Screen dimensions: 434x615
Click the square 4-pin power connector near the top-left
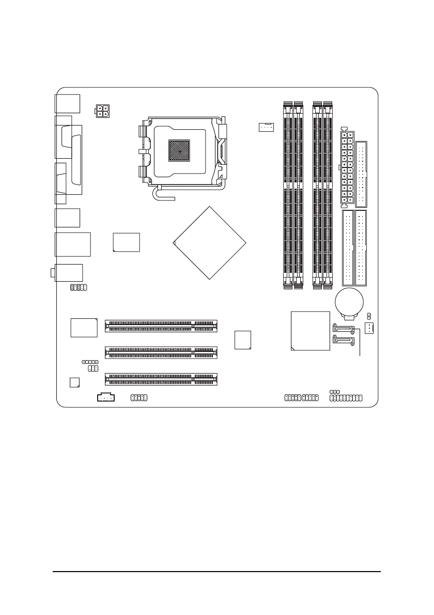pyautogui.click(x=102, y=111)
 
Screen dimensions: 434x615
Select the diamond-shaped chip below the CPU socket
pyautogui.click(x=210, y=243)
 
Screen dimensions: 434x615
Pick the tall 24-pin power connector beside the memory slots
pyautogui.click(x=346, y=166)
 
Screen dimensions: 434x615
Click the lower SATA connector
pyautogui.click(x=343, y=341)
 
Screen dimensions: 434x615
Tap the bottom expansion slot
pyautogui.click(x=161, y=379)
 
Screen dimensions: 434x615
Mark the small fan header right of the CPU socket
pyautogui.click(x=266, y=127)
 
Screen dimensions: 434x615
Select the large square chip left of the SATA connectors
pyautogui.click(x=310, y=331)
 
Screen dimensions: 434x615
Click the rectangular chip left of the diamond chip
pyautogui.click(x=127, y=242)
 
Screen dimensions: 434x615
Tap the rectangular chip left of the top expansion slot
pyautogui.click(x=84, y=327)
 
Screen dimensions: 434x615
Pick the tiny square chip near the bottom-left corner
pyautogui.click(x=74, y=382)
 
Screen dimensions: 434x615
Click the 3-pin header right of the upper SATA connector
pyautogui.click(x=369, y=328)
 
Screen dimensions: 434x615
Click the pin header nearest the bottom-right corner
pyautogui.click(x=346, y=398)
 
